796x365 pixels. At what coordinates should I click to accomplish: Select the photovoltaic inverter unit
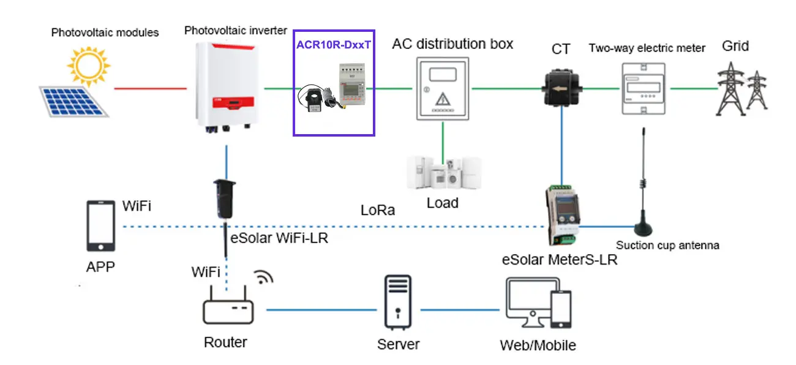click(224, 86)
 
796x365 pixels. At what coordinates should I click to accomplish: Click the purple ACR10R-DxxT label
click(334, 44)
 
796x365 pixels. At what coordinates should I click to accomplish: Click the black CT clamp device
click(561, 89)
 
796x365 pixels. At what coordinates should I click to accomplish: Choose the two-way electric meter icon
click(644, 88)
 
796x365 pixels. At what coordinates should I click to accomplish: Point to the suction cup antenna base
click(644, 228)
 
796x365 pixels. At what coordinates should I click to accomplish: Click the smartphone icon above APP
click(101, 226)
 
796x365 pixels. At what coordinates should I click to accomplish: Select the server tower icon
click(397, 301)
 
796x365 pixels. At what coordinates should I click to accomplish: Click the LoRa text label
click(378, 211)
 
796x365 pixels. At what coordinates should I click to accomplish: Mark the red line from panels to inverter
click(150, 89)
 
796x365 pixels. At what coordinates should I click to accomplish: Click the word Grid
click(735, 47)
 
